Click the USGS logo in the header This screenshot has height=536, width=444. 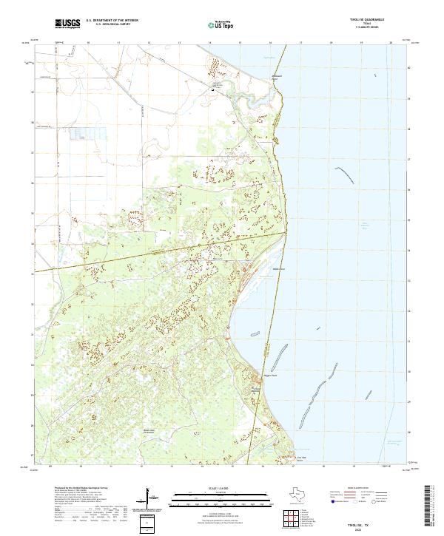point(67,24)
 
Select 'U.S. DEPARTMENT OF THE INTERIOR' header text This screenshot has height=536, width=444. point(112,21)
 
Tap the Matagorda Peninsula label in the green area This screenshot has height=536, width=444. point(150,432)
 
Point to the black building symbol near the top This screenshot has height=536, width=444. point(221,90)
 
